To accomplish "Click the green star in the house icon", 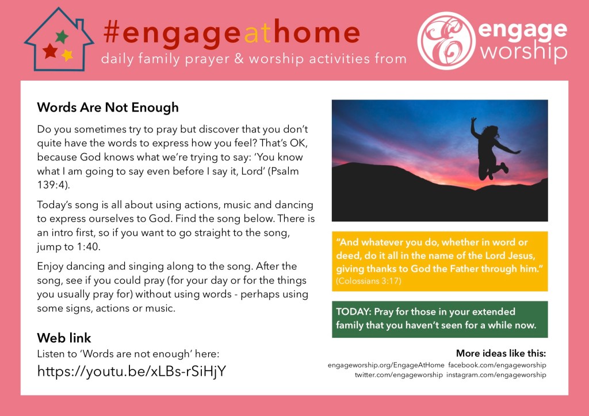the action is pyautogui.click(x=62, y=37).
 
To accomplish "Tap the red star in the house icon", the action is pyautogui.click(x=51, y=51).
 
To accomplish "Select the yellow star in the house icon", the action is pyautogui.click(x=67, y=55).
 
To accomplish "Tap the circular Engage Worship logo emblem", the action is pyautogui.click(x=446, y=41).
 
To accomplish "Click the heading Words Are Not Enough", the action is pyautogui.click(x=108, y=108).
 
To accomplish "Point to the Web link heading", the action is pyautogui.click(x=64, y=338).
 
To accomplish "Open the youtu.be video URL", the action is pyautogui.click(x=132, y=371).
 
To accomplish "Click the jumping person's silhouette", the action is pyautogui.click(x=492, y=149).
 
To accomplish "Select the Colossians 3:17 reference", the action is pyautogui.click(x=369, y=281).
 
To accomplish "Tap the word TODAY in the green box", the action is pyautogui.click(x=354, y=311).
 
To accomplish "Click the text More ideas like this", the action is pyautogui.click(x=501, y=353).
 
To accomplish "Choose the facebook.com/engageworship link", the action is pyautogui.click(x=497, y=365).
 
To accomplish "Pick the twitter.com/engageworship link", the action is pyautogui.click(x=399, y=375).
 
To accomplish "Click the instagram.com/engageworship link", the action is pyautogui.click(x=496, y=375).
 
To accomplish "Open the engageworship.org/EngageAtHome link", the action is pyautogui.click(x=386, y=365).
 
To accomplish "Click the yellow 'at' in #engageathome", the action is pyautogui.click(x=258, y=33).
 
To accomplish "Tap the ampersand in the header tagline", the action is pyautogui.click(x=239, y=59).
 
